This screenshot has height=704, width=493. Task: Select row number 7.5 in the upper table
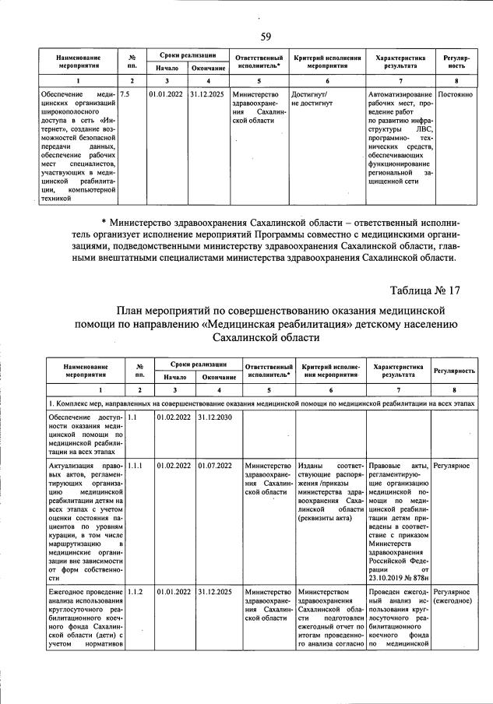click(x=130, y=93)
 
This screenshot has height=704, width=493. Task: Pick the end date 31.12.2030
click(x=215, y=417)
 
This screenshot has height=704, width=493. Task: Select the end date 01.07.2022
click(x=215, y=465)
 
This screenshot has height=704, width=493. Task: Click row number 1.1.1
click(x=137, y=465)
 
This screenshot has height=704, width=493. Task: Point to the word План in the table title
click(x=132, y=309)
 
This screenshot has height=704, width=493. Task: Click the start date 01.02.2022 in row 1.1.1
click(x=173, y=465)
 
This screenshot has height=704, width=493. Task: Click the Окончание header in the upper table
click(x=208, y=69)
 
